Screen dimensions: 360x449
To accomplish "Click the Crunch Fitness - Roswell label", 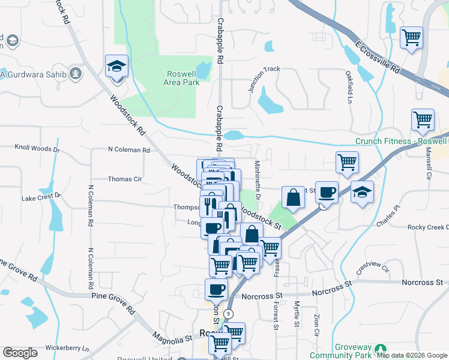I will tap(401, 142).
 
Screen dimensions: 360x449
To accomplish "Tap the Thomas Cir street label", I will tap(124, 179).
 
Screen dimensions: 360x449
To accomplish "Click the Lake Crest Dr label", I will tap(41, 196).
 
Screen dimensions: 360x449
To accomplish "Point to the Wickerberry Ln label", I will tap(67, 348).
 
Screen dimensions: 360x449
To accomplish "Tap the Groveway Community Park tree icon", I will tap(379, 349).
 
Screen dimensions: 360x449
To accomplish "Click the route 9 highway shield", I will tap(228, 314).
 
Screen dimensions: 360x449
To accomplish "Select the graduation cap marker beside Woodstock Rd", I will tap(117, 65).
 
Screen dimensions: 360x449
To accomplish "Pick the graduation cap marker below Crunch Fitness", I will tap(362, 192).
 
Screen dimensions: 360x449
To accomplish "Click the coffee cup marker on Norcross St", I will tap(216, 290).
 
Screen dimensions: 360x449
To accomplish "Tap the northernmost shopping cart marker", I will tap(411, 38).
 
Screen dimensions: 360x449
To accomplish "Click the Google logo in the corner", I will tap(20, 353).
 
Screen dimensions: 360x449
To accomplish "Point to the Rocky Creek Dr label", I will tap(427, 227).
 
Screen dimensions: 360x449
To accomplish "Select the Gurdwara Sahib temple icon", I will tap(75, 74).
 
